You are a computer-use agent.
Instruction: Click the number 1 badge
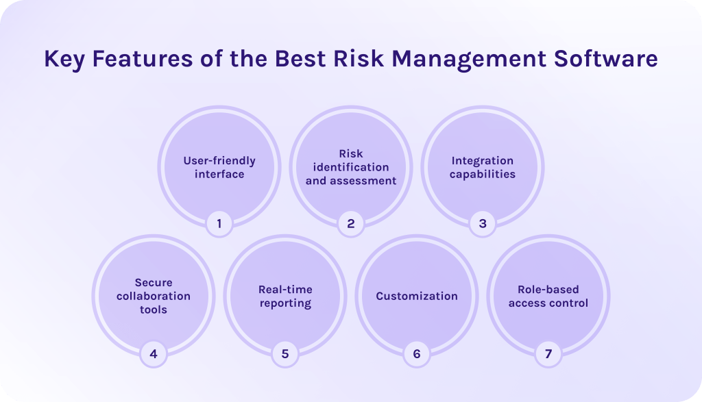219,223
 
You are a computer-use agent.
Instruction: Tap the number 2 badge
351,223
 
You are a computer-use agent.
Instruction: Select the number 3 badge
483,223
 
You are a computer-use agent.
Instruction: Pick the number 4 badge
154,354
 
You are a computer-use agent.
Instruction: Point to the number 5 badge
285,354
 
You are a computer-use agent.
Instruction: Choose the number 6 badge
417,354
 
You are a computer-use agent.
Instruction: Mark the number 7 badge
548,354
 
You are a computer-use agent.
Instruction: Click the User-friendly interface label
219,167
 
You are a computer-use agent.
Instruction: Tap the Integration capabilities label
483,168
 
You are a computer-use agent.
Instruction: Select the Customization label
417,296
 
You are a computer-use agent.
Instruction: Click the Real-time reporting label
285,297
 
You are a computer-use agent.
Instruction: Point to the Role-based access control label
548,296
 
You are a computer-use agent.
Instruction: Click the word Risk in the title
359,59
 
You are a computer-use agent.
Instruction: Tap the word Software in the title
606,59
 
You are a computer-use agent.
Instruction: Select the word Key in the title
64,60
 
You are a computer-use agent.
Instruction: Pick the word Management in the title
469,60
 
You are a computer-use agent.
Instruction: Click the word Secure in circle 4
154,283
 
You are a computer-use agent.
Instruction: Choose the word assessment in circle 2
364,181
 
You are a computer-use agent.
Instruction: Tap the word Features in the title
143,59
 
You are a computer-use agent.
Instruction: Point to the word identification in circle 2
351,167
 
